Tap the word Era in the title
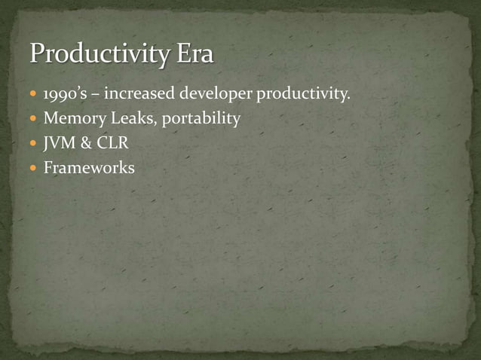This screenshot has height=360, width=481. coord(195,54)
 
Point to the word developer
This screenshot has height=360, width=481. coord(216,95)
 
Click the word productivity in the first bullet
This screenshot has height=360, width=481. coord(302,95)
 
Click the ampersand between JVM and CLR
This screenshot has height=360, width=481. coord(86,143)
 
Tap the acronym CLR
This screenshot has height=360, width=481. coord(112,143)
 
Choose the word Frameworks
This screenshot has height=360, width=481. coord(89,167)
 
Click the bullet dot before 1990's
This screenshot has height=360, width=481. coord(34,95)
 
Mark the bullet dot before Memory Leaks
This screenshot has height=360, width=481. coord(34,119)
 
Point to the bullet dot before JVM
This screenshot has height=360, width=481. coord(34,143)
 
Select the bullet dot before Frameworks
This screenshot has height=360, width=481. coord(34,168)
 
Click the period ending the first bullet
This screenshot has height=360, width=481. coord(349,99)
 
